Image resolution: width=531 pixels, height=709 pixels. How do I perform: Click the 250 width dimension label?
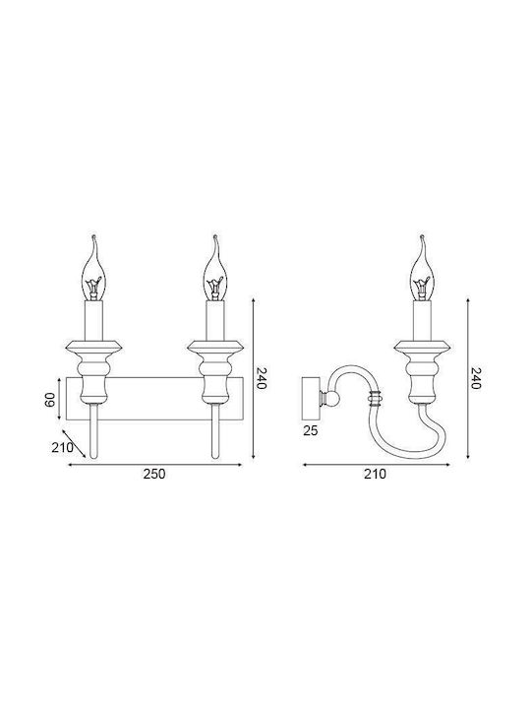coord(154,474)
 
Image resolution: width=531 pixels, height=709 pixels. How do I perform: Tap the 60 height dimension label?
coord(50,400)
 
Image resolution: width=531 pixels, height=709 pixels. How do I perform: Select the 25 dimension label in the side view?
coord(311,430)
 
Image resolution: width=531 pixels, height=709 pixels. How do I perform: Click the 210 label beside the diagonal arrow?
coord(62,448)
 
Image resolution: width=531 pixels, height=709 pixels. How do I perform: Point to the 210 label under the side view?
coord(376,474)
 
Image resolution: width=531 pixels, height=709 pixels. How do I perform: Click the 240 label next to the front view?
coord(263,378)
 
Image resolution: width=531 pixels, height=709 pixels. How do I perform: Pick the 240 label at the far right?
coord(476,378)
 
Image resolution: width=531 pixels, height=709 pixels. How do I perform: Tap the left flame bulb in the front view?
coord(94,268)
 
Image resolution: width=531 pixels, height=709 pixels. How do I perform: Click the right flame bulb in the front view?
coord(215,268)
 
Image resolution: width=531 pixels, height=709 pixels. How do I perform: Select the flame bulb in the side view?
coord(422,268)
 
